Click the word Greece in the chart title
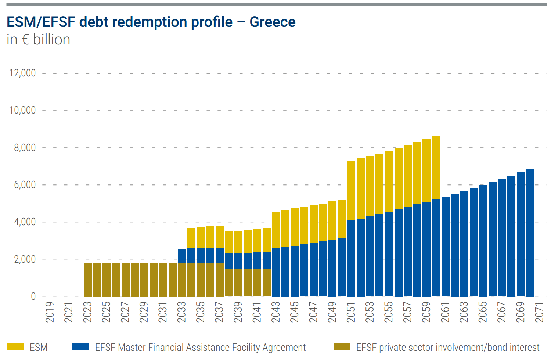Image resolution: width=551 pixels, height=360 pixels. click(x=273, y=22)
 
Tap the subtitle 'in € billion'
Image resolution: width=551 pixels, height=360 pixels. click(x=38, y=40)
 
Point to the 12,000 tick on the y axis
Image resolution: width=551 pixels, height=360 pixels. click(x=22, y=73)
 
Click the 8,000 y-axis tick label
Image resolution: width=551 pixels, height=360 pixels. click(x=25, y=148)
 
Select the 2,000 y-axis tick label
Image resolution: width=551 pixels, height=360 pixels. click(x=25, y=259)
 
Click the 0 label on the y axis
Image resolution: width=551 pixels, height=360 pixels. click(x=33, y=296)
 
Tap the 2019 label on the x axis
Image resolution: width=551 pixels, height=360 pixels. click(x=50, y=312)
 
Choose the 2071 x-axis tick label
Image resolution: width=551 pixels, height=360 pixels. click(x=539, y=312)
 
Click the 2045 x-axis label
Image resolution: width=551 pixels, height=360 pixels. click(x=294, y=312)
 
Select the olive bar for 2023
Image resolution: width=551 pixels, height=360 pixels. click(x=88, y=280)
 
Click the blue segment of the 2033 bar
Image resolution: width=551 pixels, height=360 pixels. click(x=182, y=256)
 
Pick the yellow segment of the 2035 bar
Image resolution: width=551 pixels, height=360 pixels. click(x=201, y=237)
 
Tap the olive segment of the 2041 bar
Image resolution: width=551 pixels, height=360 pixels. click(x=257, y=282)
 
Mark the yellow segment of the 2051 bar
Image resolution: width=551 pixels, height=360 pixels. click(x=351, y=191)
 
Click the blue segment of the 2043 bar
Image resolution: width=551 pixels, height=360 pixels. click(x=276, y=272)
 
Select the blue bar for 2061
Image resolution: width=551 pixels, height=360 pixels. click(x=445, y=246)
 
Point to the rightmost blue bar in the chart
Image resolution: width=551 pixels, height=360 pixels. click(x=530, y=233)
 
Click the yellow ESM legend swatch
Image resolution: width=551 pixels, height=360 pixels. click(x=15, y=347)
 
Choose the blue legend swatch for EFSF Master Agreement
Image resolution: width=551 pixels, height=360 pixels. click(x=80, y=347)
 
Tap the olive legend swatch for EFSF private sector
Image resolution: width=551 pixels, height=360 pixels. click(x=342, y=347)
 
